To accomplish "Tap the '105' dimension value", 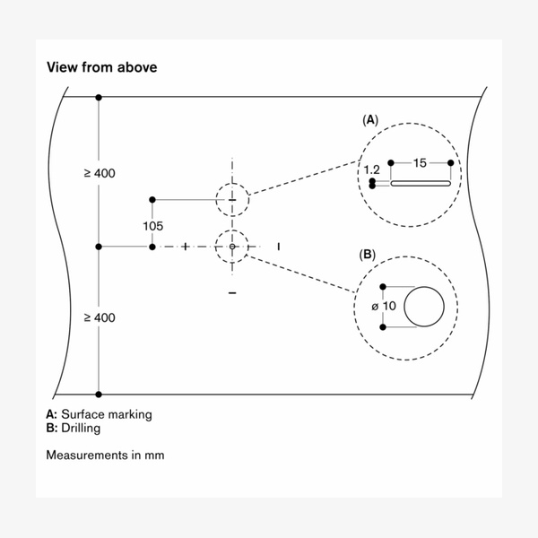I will [x=152, y=225].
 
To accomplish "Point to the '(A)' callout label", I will [x=369, y=119].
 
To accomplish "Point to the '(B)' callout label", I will [x=368, y=255].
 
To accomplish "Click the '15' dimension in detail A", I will [x=419, y=163].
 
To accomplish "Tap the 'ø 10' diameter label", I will [x=383, y=307].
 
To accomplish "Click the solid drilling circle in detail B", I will [x=424, y=307].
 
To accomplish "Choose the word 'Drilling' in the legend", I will [x=80, y=428].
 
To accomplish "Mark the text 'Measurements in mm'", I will [x=105, y=456].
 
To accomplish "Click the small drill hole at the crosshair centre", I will [x=232, y=246].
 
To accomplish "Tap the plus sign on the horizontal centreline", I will [x=186, y=246].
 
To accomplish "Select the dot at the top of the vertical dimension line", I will [x=99, y=96].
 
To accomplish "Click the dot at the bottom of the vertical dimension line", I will [x=99, y=394].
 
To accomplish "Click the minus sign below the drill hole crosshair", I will [x=232, y=293].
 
